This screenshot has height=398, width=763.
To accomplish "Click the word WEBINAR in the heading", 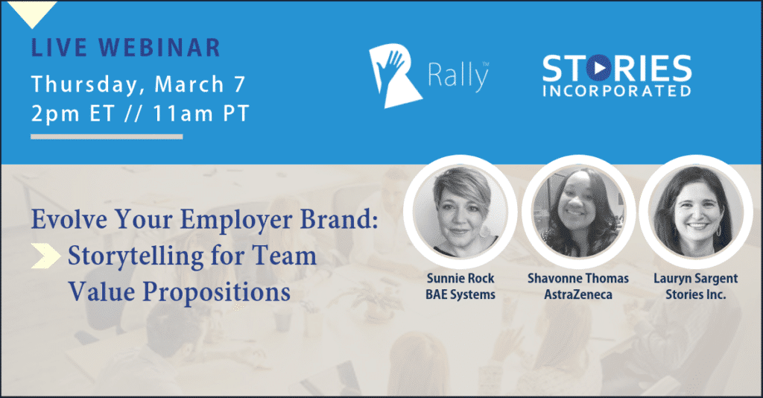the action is (x=160, y=47).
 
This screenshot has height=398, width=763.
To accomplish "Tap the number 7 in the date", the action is (x=239, y=84).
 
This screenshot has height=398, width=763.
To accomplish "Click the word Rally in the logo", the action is (x=458, y=75).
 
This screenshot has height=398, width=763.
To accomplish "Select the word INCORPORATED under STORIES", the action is (x=616, y=91).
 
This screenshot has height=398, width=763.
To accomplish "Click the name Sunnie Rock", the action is (x=460, y=278).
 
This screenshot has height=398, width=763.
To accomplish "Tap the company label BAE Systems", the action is (x=460, y=294).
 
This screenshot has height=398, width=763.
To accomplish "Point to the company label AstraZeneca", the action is (x=578, y=294).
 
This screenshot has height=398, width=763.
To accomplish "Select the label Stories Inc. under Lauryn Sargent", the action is (x=696, y=294).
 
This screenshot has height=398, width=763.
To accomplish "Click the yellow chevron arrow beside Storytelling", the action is (x=45, y=256).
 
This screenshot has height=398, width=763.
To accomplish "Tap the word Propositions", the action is (x=217, y=293).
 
